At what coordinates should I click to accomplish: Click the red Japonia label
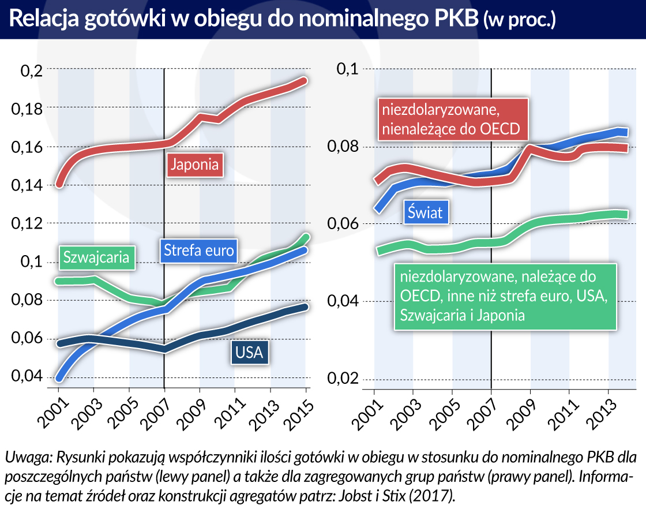(196, 164)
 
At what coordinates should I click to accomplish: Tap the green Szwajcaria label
(96, 257)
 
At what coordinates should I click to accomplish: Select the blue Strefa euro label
(198, 250)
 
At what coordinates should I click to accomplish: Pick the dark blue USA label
(250, 352)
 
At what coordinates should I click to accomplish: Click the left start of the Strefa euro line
(59, 379)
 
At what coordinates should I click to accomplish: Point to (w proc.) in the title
(519, 21)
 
